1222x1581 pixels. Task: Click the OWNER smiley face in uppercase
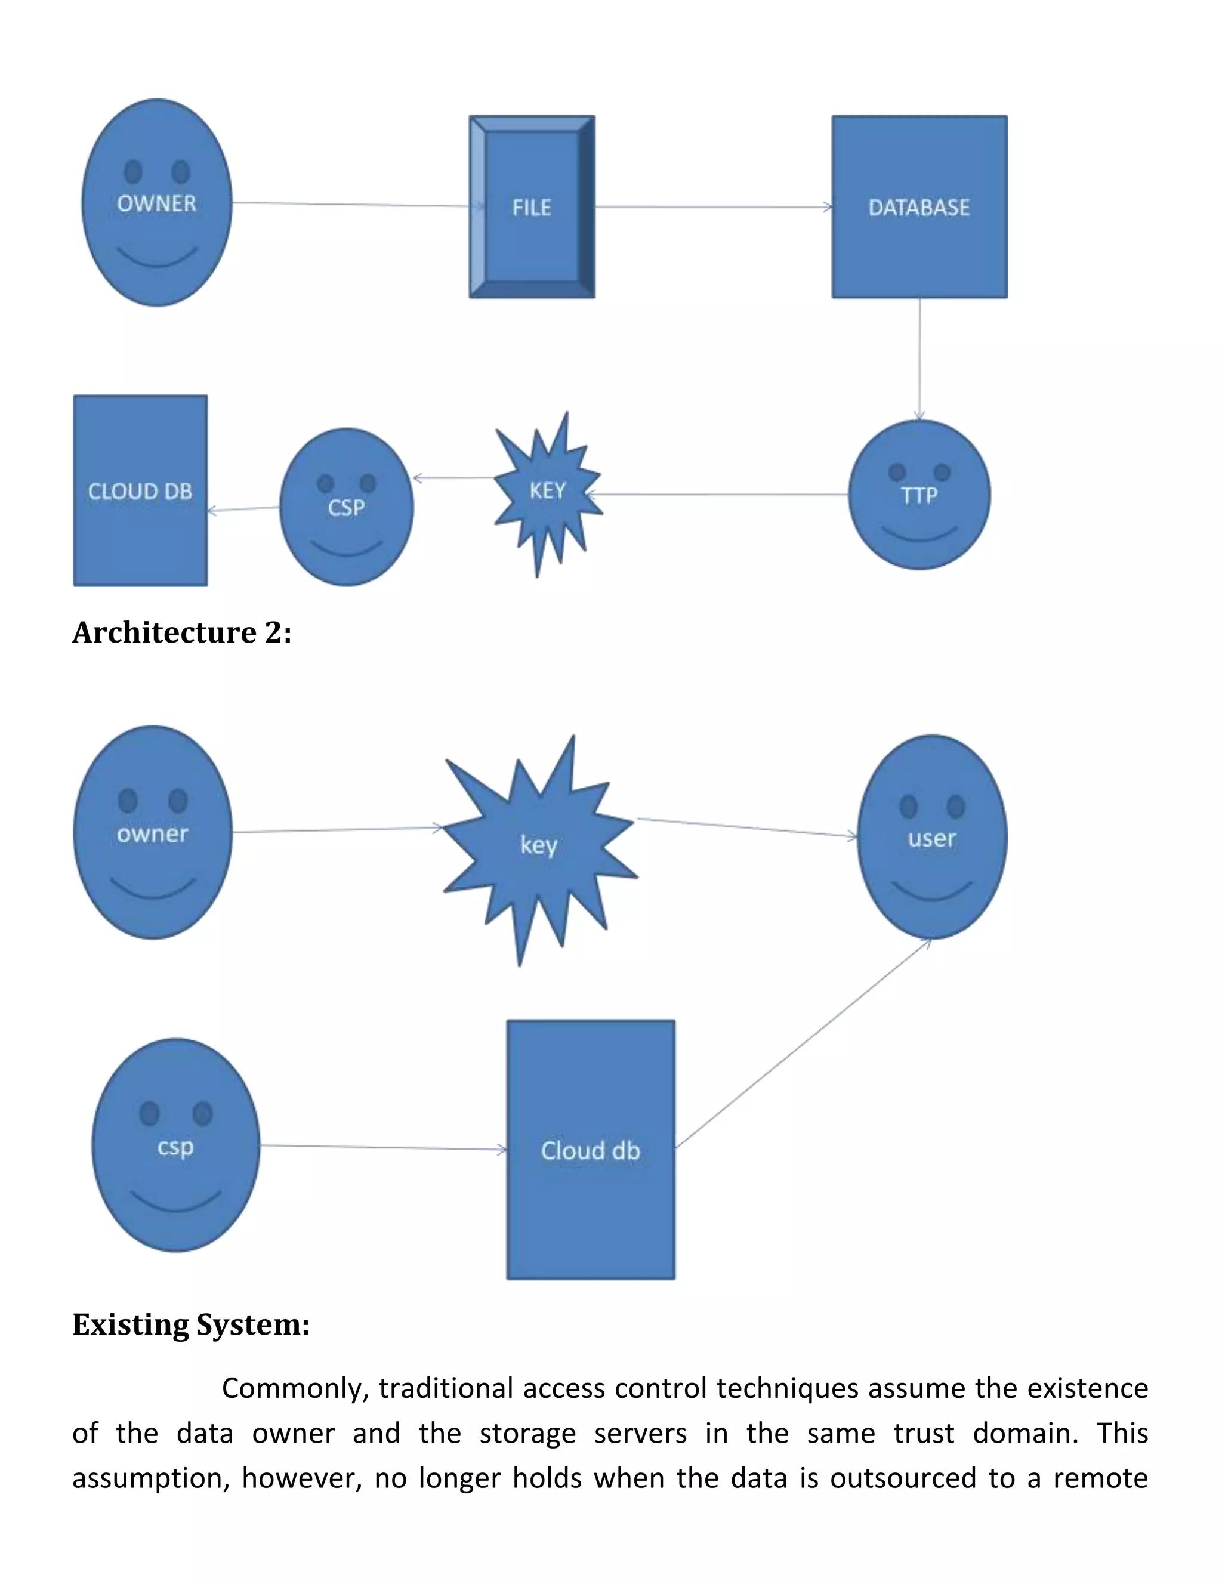click(157, 203)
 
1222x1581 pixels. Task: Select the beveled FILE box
click(532, 207)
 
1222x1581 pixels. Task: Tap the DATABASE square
click(919, 207)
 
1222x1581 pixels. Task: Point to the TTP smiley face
click(919, 495)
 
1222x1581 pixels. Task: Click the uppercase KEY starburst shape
click(547, 492)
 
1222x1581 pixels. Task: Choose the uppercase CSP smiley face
click(346, 507)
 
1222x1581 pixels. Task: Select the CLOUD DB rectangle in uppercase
click(140, 491)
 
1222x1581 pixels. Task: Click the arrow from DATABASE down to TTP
click(919, 359)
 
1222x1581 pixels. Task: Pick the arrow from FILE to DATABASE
click(713, 207)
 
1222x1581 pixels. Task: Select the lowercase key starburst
click(539, 845)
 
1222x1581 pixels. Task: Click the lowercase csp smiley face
click(176, 1146)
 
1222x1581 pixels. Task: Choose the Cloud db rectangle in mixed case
click(591, 1150)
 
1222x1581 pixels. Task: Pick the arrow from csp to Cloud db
click(384, 1147)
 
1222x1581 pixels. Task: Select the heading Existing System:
click(191, 1324)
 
